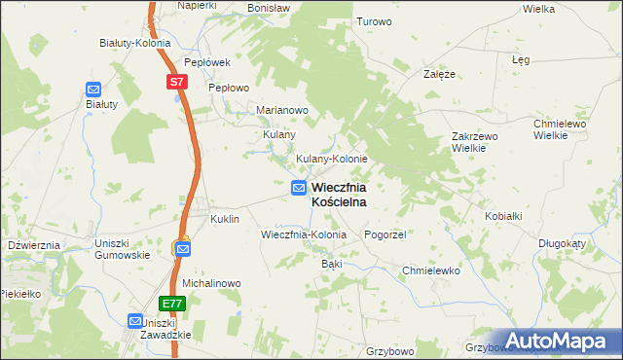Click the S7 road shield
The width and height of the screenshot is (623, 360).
click(x=175, y=83)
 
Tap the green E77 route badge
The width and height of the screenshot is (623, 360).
click(x=171, y=304)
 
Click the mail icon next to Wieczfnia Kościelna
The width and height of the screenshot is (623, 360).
click(x=299, y=188)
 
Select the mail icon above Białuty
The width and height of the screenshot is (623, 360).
click(x=93, y=89)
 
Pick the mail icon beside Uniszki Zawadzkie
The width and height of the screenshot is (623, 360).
click(x=135, y=320)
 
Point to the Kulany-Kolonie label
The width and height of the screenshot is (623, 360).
click(x=331, y=159)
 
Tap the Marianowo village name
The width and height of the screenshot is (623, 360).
click(x=282, y=110)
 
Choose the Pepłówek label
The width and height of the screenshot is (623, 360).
click(x=206, y=61)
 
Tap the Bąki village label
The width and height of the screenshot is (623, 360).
click(x=331, y=264)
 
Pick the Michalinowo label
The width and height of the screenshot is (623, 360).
click(x=211, y=283)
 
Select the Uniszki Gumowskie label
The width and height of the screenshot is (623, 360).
click(x=122, y=248)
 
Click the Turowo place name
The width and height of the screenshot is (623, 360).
click(x=374, y=21)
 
